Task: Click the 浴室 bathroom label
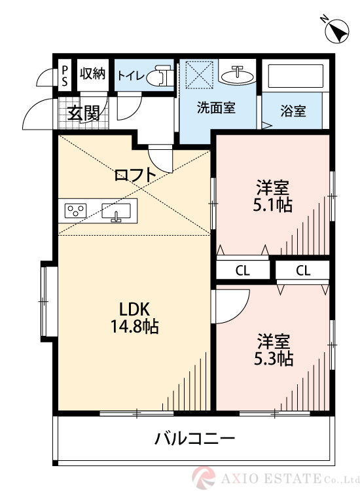coord(293,111)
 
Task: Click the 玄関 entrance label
coord(83,113)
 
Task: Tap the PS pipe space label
coord(65,74)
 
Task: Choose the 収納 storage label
coord(92,73)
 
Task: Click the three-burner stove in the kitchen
coord(76,211)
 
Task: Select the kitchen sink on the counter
coord(117,211)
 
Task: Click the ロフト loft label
coord(135,175)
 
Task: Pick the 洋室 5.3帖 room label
coord(274,350)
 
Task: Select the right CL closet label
coord(302,269)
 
